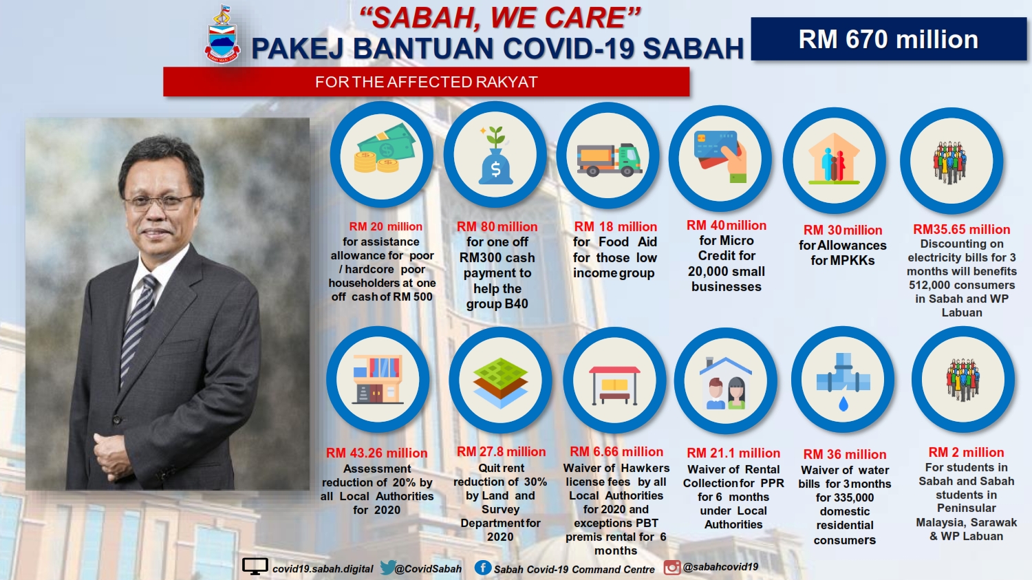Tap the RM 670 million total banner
(888, 39)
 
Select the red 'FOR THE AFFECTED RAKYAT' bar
(426, 82)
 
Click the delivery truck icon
(609, 160)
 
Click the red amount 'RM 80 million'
(497, 226)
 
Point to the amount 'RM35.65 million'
(962, 229)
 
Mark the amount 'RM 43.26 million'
(376, 453)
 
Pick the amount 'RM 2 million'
(966, 453)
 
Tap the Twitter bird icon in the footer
(387, 568)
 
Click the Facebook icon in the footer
(482, 568)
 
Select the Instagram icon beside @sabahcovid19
(672, 568)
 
